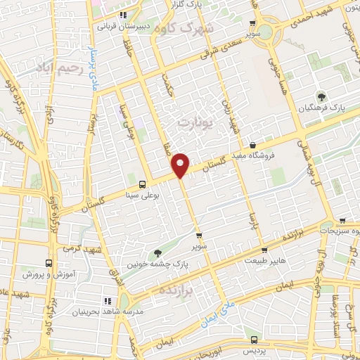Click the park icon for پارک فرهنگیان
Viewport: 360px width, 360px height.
321,97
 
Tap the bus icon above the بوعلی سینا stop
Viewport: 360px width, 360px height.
143,184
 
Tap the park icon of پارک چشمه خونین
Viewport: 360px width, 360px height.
157,253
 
